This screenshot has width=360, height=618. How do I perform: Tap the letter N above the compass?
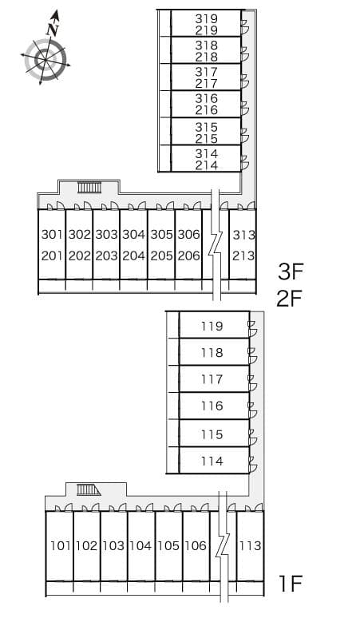pyautogui.click(x=53, y=29)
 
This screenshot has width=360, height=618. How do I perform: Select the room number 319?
pyautogui.click(x=207, y=18)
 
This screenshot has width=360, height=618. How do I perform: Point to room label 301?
pyautogui.click(x=52, y=235)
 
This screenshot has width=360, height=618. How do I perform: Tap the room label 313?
pyautogui.click(x=243, y=235)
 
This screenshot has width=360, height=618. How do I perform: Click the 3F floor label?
pyautogui.click(x=291, y=271)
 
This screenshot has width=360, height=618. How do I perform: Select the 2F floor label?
pyautogui.click(x=291, y=299)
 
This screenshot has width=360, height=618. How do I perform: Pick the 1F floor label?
pyautogui.click(x=291, y=583)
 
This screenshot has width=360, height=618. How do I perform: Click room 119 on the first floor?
pyautogui.click(x=212, y=326)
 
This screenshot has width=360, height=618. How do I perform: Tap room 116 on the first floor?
pyautogui.click(x=212, y=406)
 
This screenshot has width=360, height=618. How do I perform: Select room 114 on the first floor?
pyautogui.click(x=212, y=461)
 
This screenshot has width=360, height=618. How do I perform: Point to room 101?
pyautogui.click(x=60, y=546)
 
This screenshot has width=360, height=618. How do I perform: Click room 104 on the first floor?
pyautogui.click(x=140, y=546)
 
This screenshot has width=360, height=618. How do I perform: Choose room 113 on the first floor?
pyautogui.click(x=250, y=546)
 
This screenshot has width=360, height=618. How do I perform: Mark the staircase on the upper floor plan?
pyautogui.click(x=89, y=188)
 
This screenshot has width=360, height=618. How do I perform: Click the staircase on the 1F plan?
pyautogui.click(x=89, y=489)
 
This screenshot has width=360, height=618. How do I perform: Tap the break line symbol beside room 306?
pyautogui.click(x=215, y=244)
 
